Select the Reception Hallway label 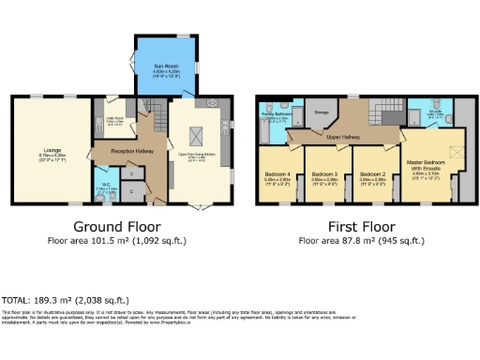119,151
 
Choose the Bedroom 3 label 324,175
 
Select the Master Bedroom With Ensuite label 430,167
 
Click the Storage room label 322,114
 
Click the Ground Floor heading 118,227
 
